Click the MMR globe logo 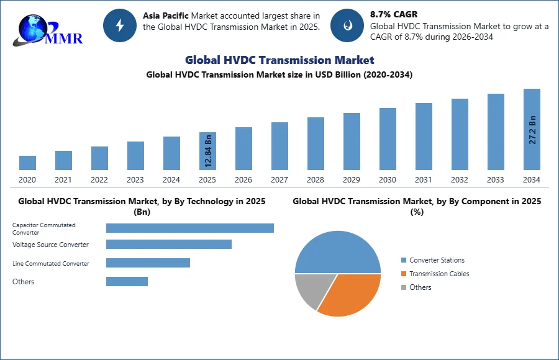tap(47, 30)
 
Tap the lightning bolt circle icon tap(120, 25)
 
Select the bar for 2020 tap(27, 163)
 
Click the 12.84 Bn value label tap(209, 151)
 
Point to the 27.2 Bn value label tap(532, 130)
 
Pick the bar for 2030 tap(388, 139)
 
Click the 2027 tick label tap(279, 180)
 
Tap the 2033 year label tap(496, 180)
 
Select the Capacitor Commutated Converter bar tap(190, 228)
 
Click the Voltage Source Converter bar tap(169, 244)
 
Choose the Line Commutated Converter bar tap(148, 263)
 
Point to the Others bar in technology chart tap(127, 281)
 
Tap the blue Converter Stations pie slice tap(338, 253)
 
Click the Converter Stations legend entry tap(433, 260)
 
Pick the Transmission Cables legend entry tap(435, 274)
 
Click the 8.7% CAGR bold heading tap(394, 15)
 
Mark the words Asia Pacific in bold tap(166, 16)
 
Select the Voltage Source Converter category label tap(51, 245)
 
